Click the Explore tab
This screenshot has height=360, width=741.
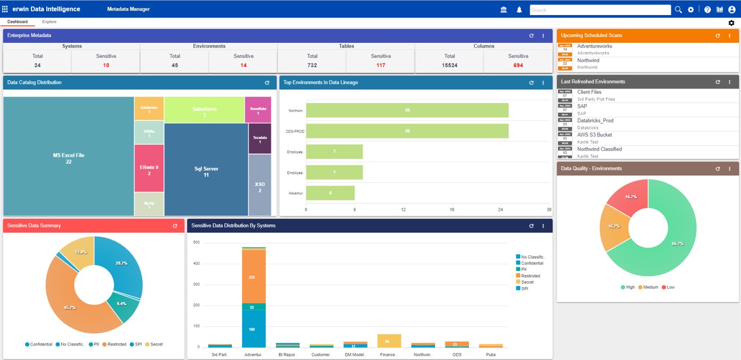[x=49, y=22]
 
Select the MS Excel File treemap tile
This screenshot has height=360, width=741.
[x=68, y=157]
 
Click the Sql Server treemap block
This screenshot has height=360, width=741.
[x=206, y=171]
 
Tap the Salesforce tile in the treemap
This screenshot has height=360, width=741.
[x=204, y=109]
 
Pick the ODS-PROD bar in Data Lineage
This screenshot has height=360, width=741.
[x=407, y=131]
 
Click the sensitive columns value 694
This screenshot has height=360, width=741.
[x=518, y=65]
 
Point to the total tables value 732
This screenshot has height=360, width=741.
[x=312, y=65]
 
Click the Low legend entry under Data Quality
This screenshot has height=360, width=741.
[x=668, y=287]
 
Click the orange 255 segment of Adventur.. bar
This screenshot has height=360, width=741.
[x=254, y=277]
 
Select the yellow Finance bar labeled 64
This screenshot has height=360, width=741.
[x=389, y=340]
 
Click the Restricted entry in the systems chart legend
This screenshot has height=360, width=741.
[x=530, y=276]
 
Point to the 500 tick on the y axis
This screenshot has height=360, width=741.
[x=196, y=243]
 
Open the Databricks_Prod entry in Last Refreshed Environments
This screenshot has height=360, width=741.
[x=595, y=120]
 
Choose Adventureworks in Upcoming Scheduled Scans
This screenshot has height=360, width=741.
[x=595, y=46]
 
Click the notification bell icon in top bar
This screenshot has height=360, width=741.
[x=519, y=10]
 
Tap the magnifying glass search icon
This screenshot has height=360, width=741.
[x=678, y=10]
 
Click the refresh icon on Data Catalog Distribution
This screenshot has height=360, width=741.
[x=267, y=83]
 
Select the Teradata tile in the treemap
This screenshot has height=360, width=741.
[x=260, y=139]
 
